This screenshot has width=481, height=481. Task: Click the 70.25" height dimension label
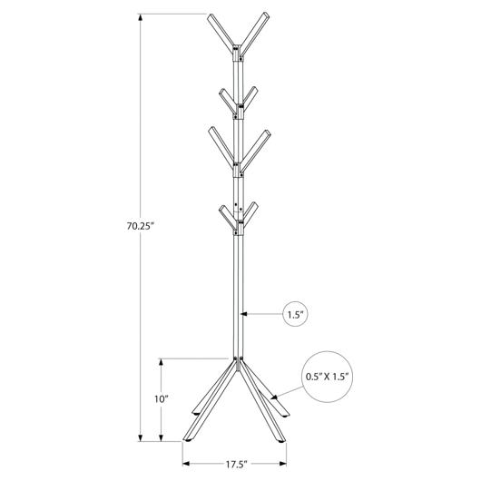tap(140, 226)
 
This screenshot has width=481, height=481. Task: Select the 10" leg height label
tap(162, 399)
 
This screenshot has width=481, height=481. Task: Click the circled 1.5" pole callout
tap(296, 314)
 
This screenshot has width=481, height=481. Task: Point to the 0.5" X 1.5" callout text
tap(328, 377)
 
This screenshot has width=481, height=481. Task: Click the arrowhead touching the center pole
tap(244, 314)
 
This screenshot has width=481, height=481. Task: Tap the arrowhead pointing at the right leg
tap(274, 397)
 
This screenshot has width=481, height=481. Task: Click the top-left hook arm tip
tap(211, 16)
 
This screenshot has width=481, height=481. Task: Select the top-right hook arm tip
tap(266, 15)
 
